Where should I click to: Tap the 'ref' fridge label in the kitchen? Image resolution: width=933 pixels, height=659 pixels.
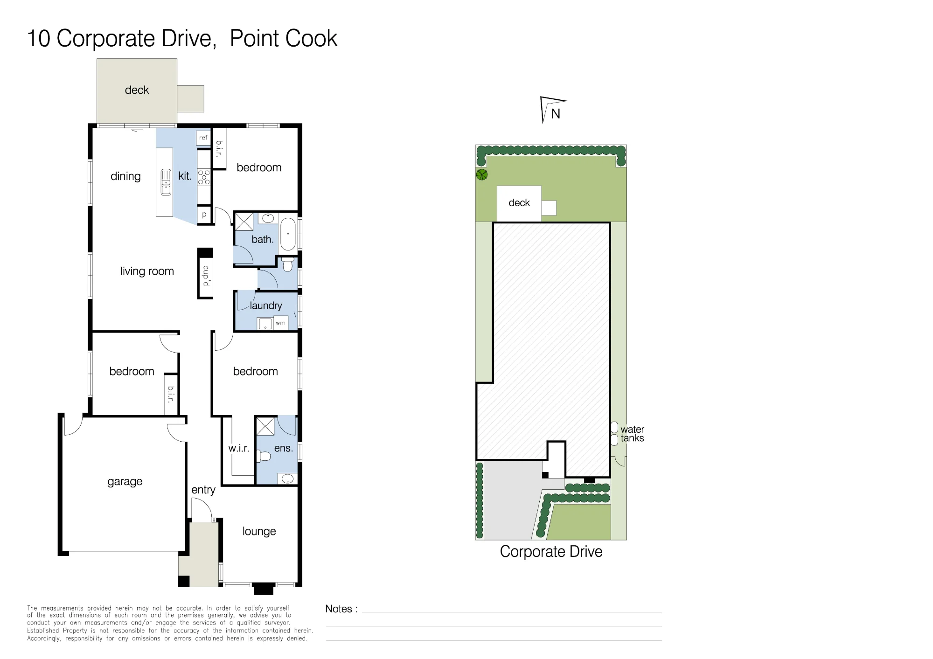(x=203, y=138)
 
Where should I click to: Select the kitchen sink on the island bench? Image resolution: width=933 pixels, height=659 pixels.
(x=166, y=182)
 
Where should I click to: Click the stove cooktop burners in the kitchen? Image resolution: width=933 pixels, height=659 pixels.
(x=204, y=177)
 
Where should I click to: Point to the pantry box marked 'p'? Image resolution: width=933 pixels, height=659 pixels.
(x=204, y=215)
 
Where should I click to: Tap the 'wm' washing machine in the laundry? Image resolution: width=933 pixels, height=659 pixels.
(x=280, y=323)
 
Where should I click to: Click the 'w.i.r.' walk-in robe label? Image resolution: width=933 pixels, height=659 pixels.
(x=238, y=448)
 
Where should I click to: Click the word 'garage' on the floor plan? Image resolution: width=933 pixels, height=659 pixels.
(x=125, y=482)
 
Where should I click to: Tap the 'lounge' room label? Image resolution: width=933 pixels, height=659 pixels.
(x=259, y=531)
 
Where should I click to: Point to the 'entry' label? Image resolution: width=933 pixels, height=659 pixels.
(x=203, y=490)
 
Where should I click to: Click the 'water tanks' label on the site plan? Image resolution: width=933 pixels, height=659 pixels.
(x=632, y=434)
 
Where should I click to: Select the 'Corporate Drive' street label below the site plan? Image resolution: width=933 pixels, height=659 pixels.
(x=551, y=552)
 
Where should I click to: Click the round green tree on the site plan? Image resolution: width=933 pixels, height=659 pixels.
(x=482, y=175)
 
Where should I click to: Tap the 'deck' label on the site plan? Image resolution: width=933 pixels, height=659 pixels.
(x=519, y=203)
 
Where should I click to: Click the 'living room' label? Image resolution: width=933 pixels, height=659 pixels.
(x=147, y=271)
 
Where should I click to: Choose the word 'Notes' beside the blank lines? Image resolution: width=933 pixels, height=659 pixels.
(x=338, y=609)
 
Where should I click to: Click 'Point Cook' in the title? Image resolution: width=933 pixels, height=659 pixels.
(x=284, y=38)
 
